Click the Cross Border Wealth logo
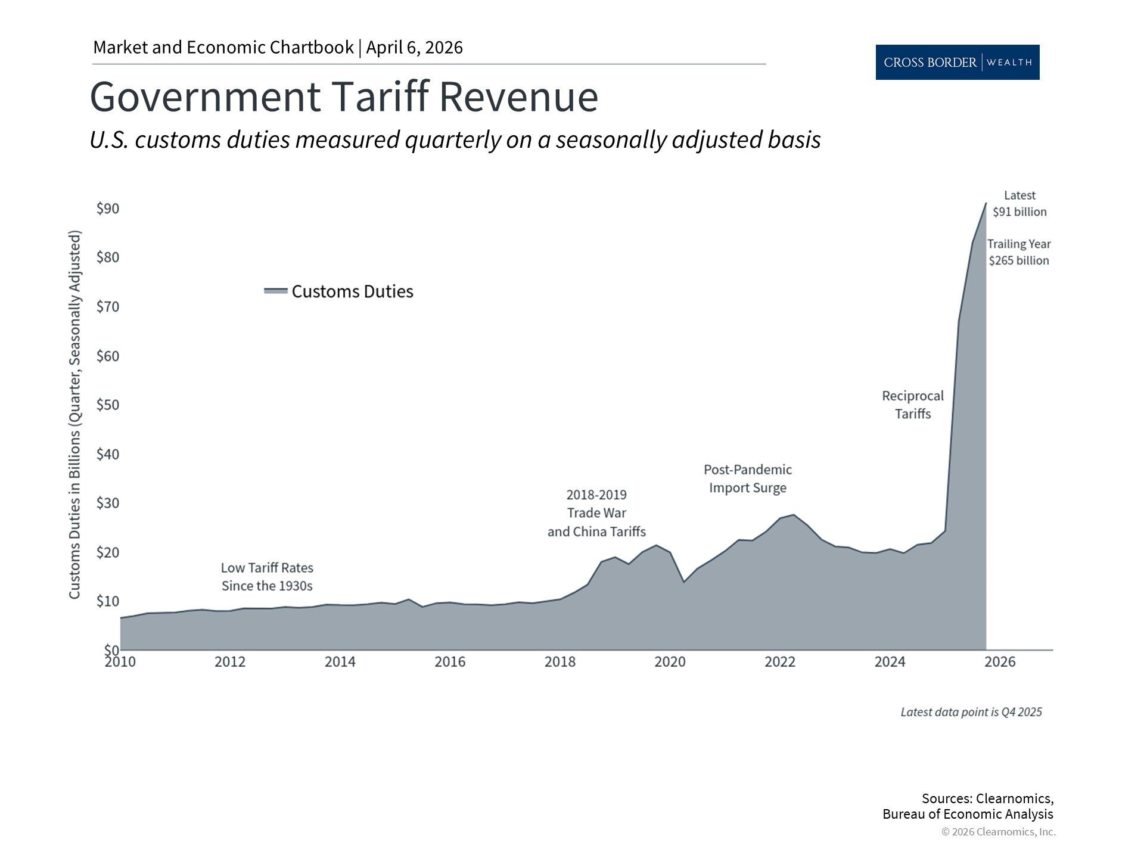click(x=957, y=62)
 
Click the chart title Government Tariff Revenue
click(x=344, y=97)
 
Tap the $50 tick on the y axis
click(x=108, y=405)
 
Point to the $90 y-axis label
click(x=108, y=209)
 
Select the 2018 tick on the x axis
click(x=560, y=662)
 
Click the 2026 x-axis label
click(x=1000, y=662)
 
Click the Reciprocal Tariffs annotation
click(x=912, y=405)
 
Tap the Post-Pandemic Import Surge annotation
click(x=748, y=478)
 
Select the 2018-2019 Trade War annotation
click(x=596, y=513)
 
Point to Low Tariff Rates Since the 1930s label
click(x=267, y=577)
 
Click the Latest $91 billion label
click(x=1019, y=204)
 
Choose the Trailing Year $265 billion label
click(x=1019, y=252)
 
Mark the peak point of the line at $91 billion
click(x=986, y=203)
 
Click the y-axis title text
click(x=74, y=415)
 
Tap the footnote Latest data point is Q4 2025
click(x=971, y=712)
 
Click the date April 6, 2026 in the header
click(x=415, y=48)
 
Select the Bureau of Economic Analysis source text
click(x=968, y=814)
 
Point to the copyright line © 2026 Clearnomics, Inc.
click(x=998, y=832)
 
